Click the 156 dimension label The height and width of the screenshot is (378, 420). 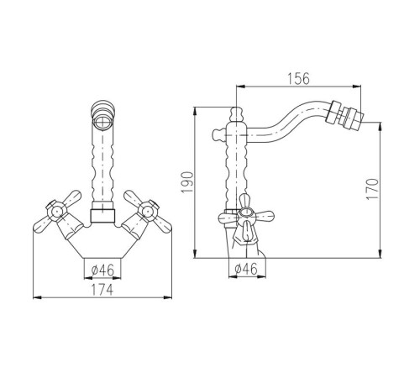298,79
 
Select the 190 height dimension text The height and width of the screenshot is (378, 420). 187,182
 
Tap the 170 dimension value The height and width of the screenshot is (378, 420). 372,189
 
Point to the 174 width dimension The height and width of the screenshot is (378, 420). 102,290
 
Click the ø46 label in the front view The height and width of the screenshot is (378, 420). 102,270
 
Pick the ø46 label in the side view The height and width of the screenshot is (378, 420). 246,270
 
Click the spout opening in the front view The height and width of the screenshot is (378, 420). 102,122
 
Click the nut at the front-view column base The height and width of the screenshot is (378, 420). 102,216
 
